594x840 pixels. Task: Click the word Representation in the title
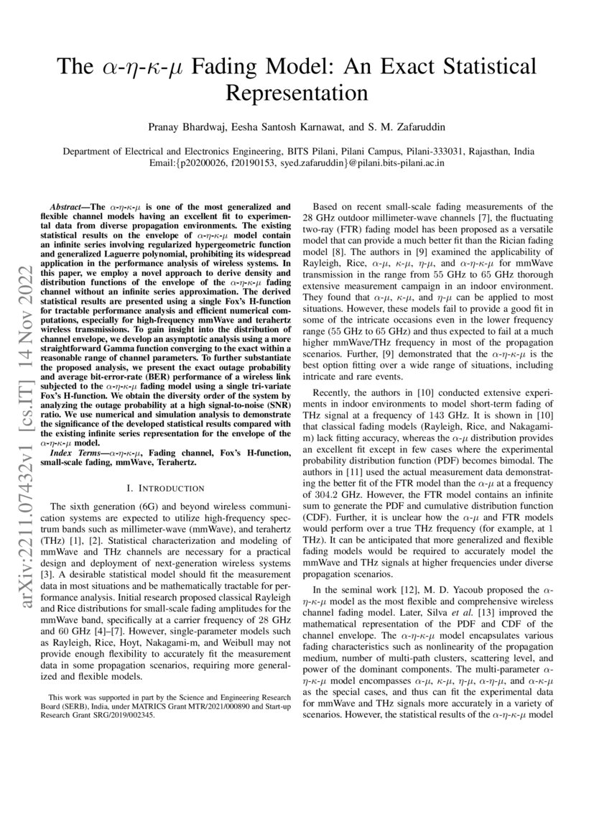coord(297,93)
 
